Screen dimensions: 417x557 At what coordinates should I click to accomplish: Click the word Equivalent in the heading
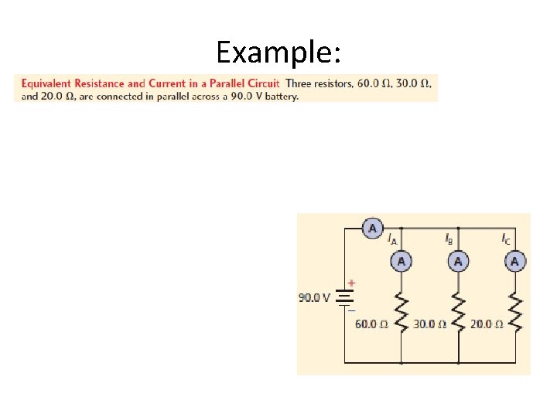point(44,83)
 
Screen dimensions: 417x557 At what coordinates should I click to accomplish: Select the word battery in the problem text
point(282,97)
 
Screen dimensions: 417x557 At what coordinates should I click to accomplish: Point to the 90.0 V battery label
point(315,297)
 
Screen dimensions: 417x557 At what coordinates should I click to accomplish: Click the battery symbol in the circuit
point(345,297)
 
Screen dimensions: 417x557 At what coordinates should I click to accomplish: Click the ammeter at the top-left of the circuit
point(373,229)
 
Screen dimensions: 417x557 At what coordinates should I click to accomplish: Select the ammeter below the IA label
point(401,262)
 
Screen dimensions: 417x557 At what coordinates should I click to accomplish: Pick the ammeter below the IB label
point(458,262)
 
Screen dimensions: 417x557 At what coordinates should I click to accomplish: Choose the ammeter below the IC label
point(514,262)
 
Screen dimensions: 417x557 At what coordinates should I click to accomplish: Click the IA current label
point(392,239)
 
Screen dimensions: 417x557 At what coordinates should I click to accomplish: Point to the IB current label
point(449,239)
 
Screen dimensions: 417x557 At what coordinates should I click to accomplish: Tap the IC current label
point(506,239)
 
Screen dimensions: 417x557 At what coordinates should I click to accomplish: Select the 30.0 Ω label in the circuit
point(429,324)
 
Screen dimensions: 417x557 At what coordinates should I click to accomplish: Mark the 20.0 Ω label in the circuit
point(487,324)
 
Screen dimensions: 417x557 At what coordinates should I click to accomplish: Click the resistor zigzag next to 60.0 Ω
point(401,313)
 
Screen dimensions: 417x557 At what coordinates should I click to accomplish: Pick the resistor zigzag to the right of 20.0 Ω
point(514,313)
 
